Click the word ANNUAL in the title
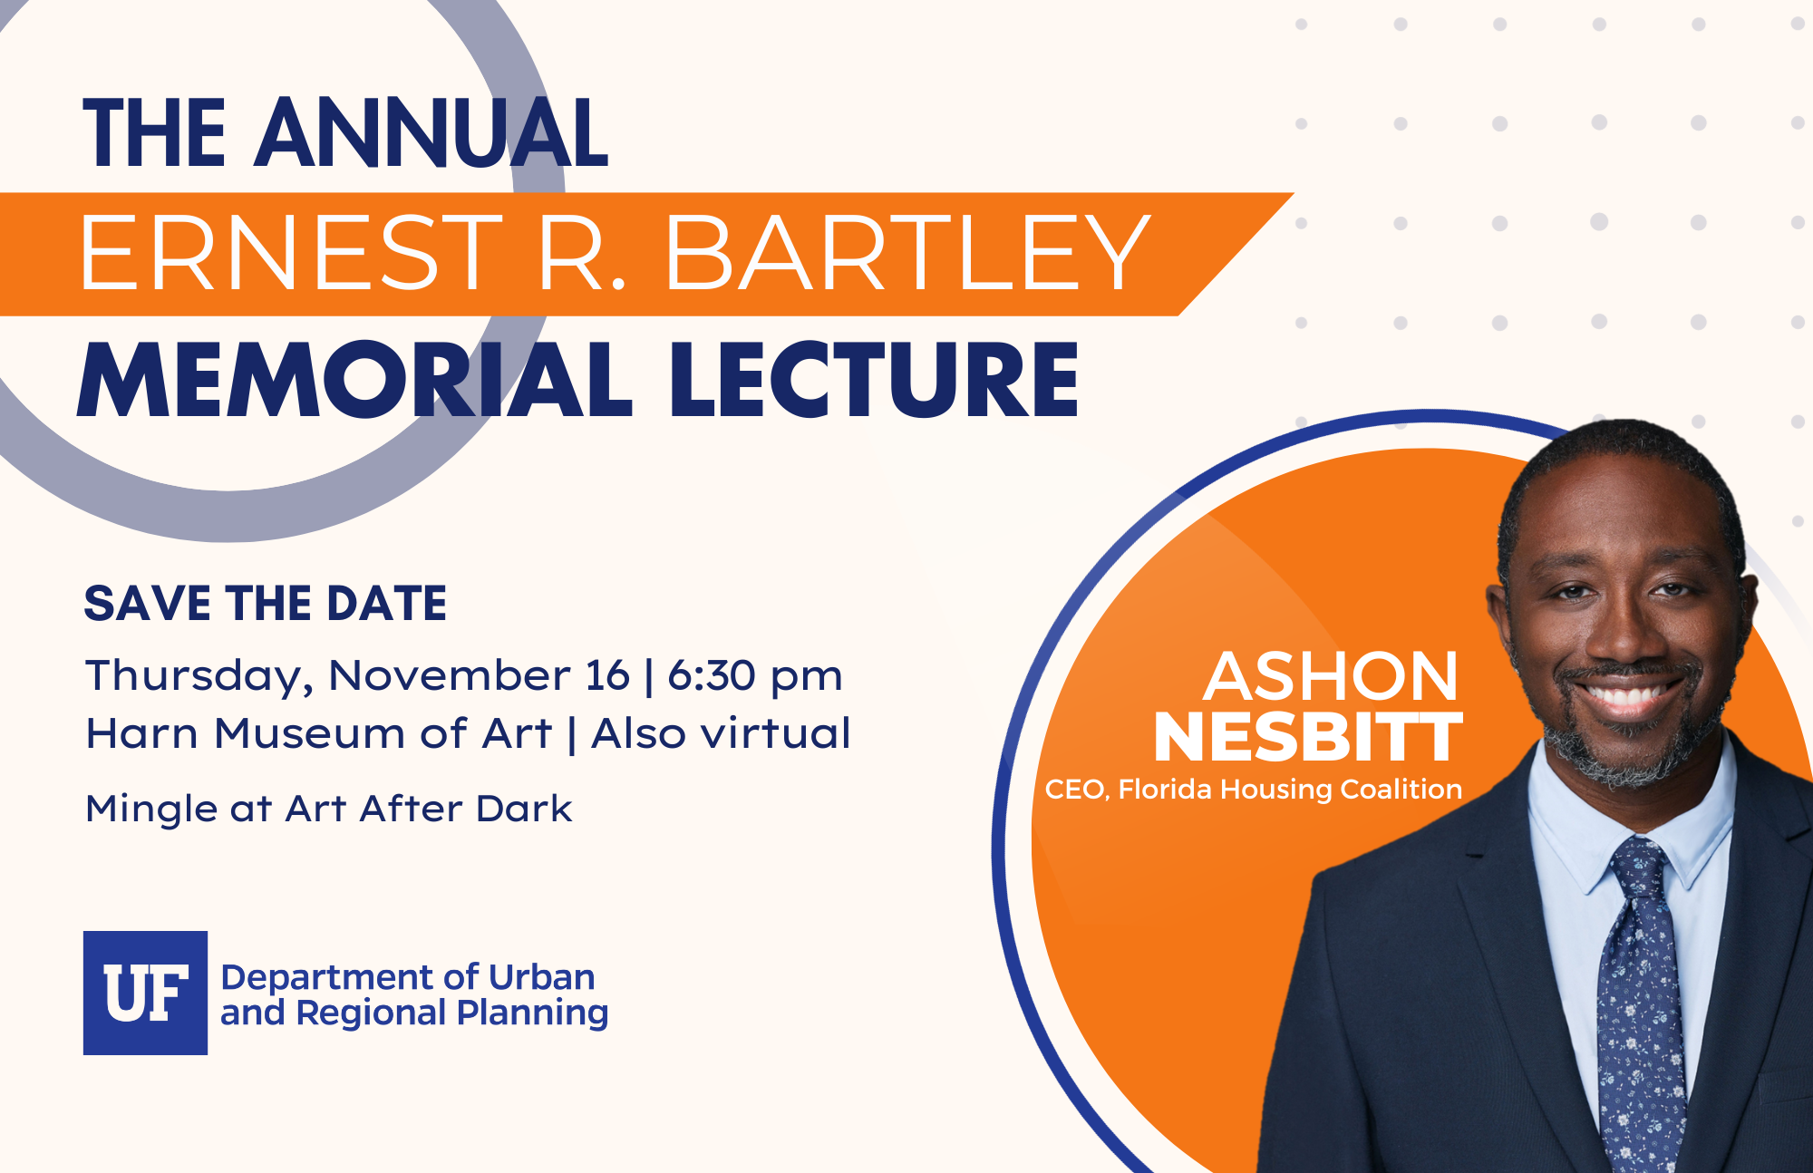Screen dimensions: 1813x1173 click(x=431, y=133)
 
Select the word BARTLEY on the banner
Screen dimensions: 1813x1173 click(x=908, y=254)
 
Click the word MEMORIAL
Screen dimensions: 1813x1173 click(x=354, y=380)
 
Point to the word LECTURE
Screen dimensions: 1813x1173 click(x=875, y=380)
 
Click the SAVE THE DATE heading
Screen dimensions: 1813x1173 click(x=266, y=604)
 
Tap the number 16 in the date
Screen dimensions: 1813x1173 click(x=607, y=676)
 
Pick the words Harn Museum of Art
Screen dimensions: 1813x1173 click(x=319, y=733)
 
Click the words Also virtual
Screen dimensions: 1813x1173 click(x=721, y=733)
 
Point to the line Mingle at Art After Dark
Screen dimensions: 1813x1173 click(x=329, y=809)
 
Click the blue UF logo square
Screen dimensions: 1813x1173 click(x=146, y=993)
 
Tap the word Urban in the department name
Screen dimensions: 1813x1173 click(x=542, y=977)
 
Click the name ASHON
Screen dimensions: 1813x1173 click(x=1331, y=676)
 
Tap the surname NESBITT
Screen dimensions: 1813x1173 click(x=1308, y=737)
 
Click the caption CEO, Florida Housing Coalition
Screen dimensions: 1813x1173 click(x=1254, y=790)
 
